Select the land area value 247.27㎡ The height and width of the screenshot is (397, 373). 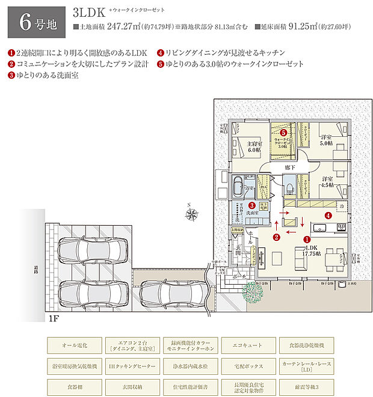(x=129, y=27)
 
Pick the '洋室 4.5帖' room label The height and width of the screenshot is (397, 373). (x=327, y=183)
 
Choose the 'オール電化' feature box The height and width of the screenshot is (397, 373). (x=75, y=345)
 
